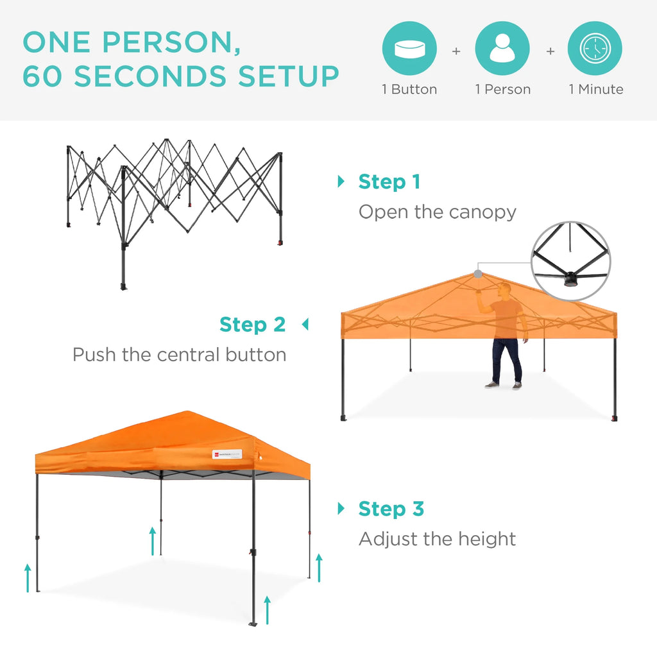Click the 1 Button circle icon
pos(409,49)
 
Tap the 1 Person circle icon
pos(502,49)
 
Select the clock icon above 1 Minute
pos(595,49)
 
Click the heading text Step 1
pos(389,182)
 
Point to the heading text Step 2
pos(252,325)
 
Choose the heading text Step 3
pos(391,509)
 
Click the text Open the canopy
pos(437,212)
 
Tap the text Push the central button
pos(179,354)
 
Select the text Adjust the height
pos(437,539)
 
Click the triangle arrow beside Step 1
pos(341,182)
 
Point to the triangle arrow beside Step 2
pos(305,325)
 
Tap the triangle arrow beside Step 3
pos(341,509)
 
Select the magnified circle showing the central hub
pos(571,261)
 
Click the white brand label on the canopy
pos(227,454)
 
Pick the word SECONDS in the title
pos(151,76)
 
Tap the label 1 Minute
pos(595,90)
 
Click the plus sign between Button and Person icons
pos(456,51)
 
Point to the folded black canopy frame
pos(173,192)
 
